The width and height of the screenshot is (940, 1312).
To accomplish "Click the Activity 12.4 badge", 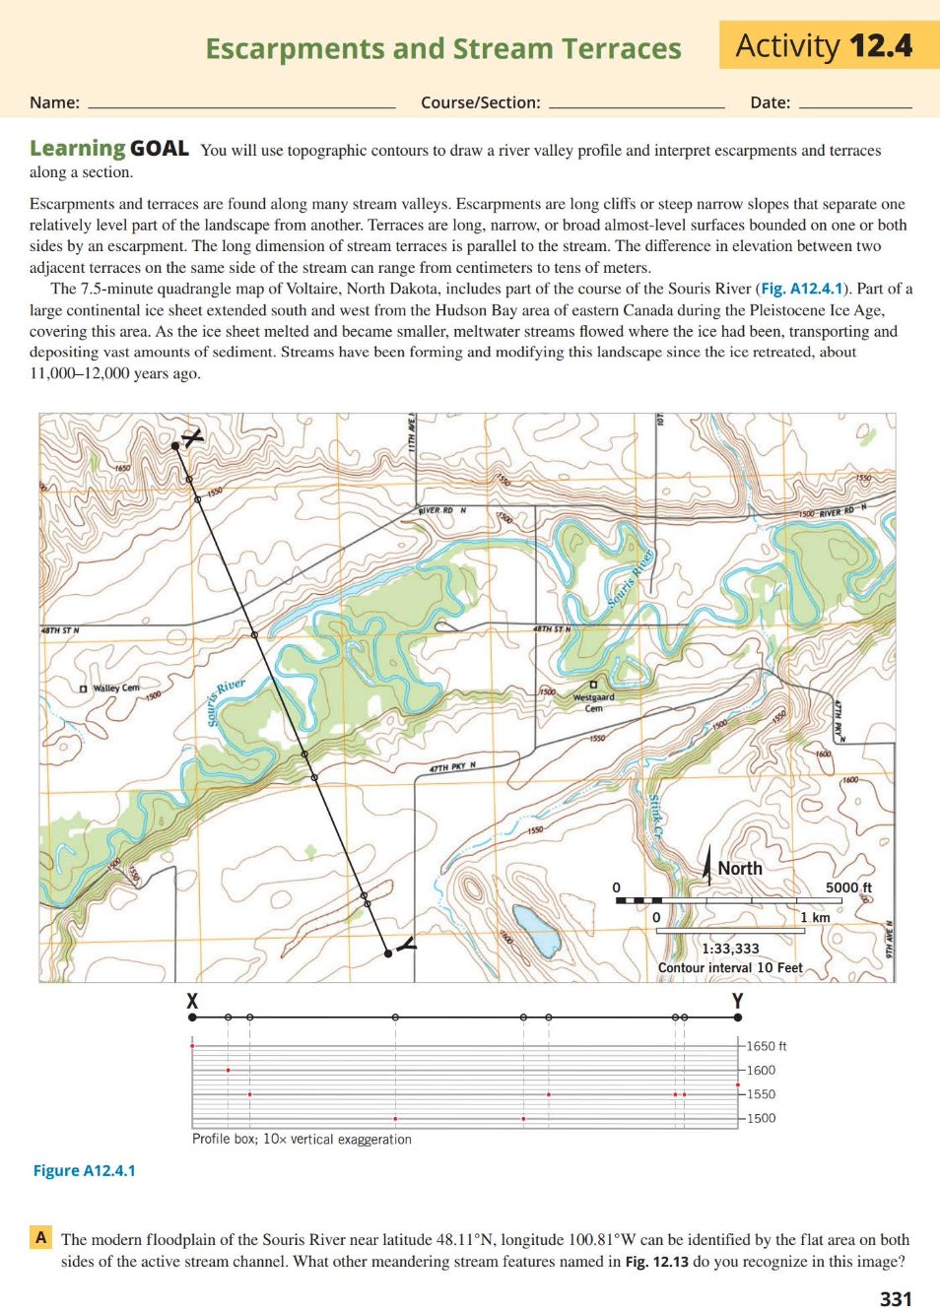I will (825, 45).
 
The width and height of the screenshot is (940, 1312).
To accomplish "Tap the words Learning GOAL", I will (108, 149).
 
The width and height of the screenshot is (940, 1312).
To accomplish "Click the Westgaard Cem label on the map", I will (593, 701).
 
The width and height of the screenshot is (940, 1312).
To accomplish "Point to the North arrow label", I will (739, 868).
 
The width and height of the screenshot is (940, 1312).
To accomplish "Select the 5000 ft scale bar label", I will (848, 887).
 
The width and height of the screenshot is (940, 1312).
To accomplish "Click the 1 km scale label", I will (815, 917).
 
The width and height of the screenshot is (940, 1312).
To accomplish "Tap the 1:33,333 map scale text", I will (730, 949).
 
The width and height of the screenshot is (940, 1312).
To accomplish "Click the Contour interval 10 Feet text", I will (730, 967).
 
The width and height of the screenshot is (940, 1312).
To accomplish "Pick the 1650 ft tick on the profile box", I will (766, 1046).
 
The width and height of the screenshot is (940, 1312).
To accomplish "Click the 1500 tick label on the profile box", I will (761, 1118).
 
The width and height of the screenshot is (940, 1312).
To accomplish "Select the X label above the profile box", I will (192, 1002).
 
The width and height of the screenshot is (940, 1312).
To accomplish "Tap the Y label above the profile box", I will (737, 1002).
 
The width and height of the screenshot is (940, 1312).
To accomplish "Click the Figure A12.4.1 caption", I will (85, 1170).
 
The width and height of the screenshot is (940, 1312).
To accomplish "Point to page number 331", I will (896, 1298).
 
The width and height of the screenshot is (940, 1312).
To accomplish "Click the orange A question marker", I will (40, 1237).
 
